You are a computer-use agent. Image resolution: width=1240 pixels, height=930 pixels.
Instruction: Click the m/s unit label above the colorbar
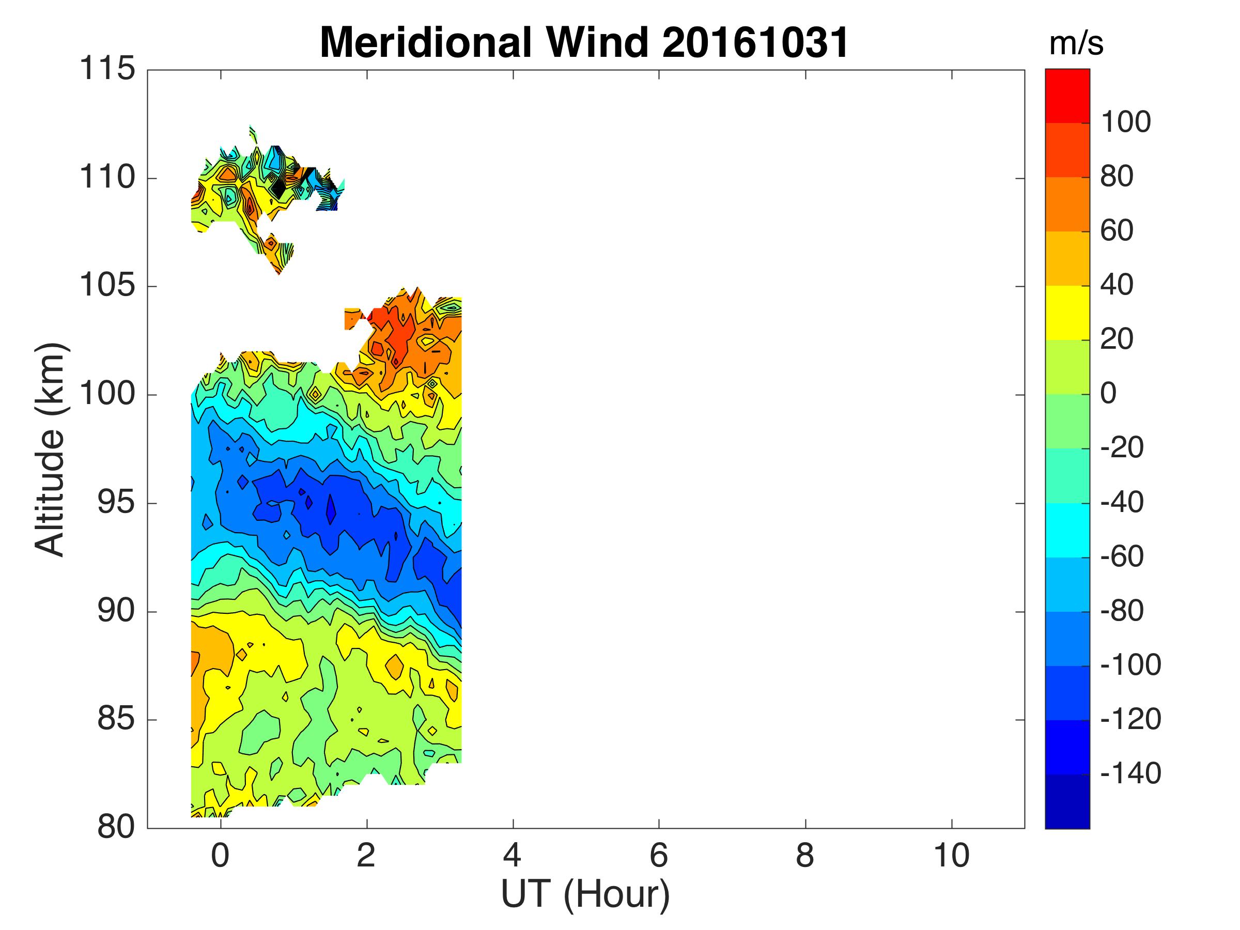tap(1076, 44)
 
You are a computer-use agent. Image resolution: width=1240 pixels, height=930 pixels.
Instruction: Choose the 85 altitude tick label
tap(116, 719)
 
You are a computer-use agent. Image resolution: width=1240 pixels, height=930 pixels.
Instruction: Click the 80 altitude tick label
tap(116, 827)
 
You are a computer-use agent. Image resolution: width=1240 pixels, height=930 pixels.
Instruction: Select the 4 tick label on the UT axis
tap(513, 856)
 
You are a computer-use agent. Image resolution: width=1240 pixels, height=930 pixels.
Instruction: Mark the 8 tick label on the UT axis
tap(805, 856)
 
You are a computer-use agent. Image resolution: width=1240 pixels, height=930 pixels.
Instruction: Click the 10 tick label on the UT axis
tap(951, 856)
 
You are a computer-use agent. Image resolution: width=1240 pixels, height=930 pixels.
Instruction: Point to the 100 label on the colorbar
tap(1126, 122)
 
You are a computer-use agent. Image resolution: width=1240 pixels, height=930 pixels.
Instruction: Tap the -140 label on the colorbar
tap(1130, 773)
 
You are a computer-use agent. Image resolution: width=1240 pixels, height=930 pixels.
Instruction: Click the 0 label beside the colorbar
tap(1108, 394)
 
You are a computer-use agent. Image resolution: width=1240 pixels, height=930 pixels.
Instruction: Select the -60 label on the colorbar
tap(1122, 556)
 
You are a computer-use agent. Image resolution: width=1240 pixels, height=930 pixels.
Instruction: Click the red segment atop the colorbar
tap(1067, 95)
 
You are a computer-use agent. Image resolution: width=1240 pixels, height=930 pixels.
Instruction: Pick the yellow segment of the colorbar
tap(1067, 313)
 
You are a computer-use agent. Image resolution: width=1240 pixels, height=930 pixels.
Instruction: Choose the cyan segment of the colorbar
tap(1067, 530)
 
